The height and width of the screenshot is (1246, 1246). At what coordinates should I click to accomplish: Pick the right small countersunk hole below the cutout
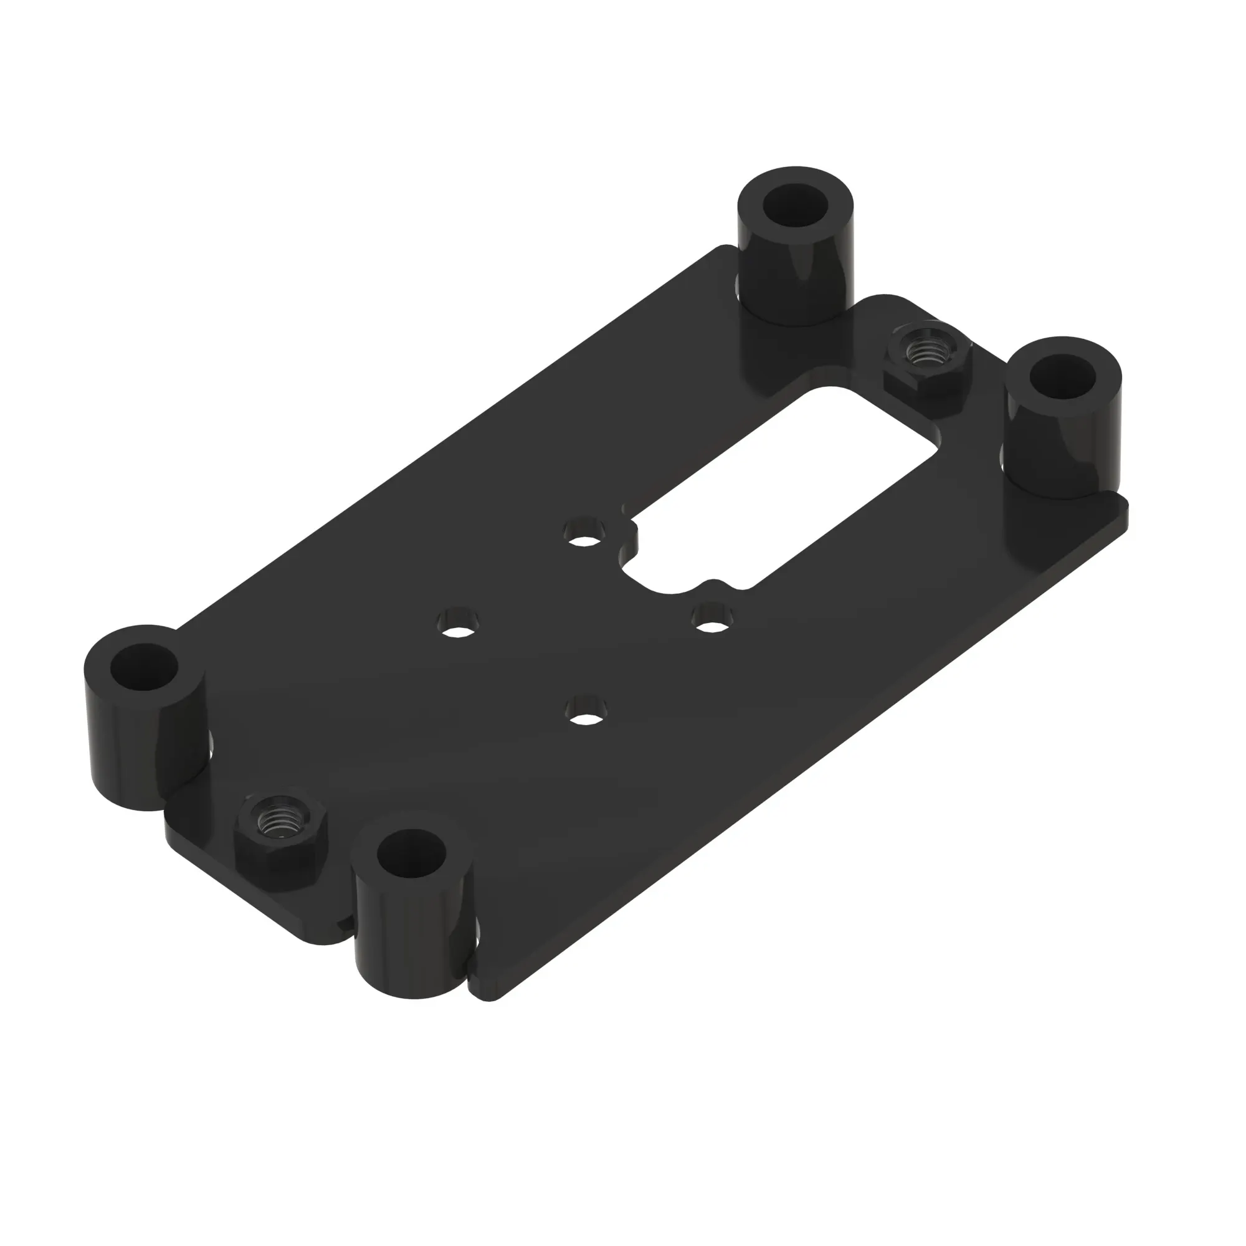click(711, 620)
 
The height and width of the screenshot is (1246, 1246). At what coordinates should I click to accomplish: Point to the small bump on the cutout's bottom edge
click(711, 586)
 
